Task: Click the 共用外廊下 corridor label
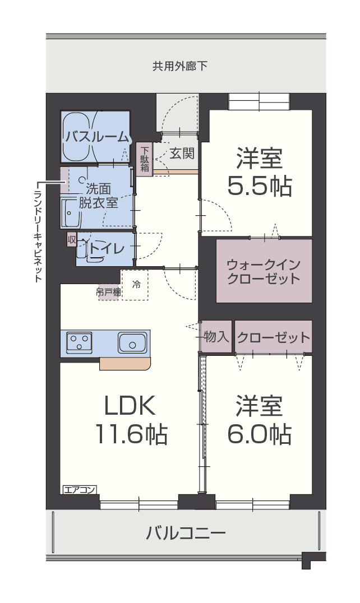pyautogui.click(x=180, y=66)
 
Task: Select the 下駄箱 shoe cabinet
pyautogui.click(x=145, y=159)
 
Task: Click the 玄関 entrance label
pyautogui.click(x=182, y=154)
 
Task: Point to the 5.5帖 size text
pyautogui.click(x=259, y=186)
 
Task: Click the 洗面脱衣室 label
pyautogui.click(x=99, y=196)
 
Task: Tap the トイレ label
pyautogui.click(x=107, y=249)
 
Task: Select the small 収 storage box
pyautogui.click(x=72, y=239)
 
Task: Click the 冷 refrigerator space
pyautogui.click(x=135, y=285)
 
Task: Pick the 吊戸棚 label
pyautogui.click(x=108, y=293)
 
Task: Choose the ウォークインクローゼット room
pyautogui.click(x=264, y=271)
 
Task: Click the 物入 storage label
pyautogui.click(x=216, y=337)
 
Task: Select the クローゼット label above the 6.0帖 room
pyautogui.click(x=273, y=338)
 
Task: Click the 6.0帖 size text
pyautogui.click(x=259, y=434)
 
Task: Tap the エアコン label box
pyautogui.click(x=79, y=490)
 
